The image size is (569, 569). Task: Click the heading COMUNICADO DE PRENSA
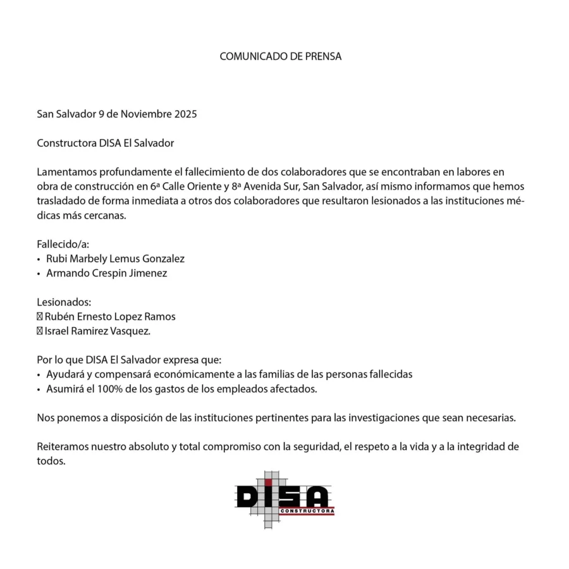(x=280, y=56)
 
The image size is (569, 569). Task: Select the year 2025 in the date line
(x=185, y=114)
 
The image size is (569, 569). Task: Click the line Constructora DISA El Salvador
(x=105, y=143)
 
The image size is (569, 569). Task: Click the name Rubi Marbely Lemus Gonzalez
(x=115, y=259)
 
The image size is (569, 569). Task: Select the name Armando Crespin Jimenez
(x=106, y=273)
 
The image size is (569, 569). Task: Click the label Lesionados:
(x=64, y=302)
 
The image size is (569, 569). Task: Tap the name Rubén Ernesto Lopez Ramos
(x=110, y=317)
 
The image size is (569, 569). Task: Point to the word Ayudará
(x=64, y=374)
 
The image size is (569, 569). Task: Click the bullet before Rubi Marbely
(x=39, y=259)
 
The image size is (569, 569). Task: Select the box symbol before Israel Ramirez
(x=39, y=331)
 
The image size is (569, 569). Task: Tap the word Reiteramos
(x=63, y=446)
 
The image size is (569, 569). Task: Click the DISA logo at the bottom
(x=284, y=499)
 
